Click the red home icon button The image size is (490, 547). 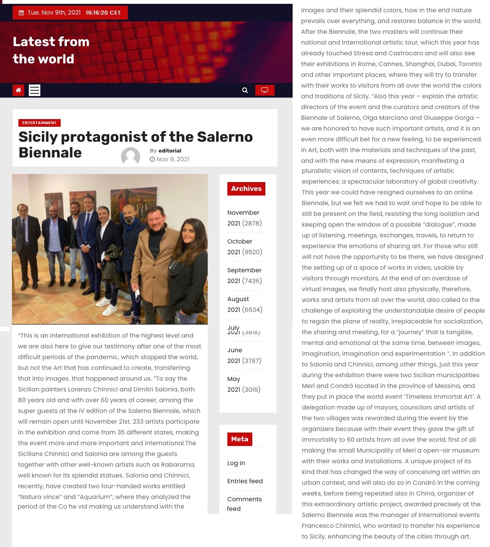pyautogui.click(x=18, y=90)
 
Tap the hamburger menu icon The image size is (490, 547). pyautogui.click(x=35, y=90)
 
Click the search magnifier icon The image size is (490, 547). pyautogui.click(x=245, y=90)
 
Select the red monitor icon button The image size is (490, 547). pyautogui.click(x=265, y=90)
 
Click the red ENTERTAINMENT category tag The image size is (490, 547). pyautogui.click(x=39, y=123)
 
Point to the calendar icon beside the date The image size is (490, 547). pyautogui.click(x=22, y=13)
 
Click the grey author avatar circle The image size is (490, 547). pyautogui.click(x=131, y=157)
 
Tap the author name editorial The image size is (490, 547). pyautogui.click(x=170, y=151)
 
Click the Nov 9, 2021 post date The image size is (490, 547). pyautogui.click(x=173, y=159)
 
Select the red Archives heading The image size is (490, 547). pyautogui.click(x=246, y=189)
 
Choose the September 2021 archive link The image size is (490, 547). pyautogui.click(x=244, y=275)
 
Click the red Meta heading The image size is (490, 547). pyautogui.click(x=240, y=439)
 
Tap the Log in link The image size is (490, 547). pyautogui.click(x=236, y=463)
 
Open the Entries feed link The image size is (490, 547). pyautogui.click(x=245, y=481)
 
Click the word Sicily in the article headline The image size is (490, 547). pyautogui.click(x=38, y=137)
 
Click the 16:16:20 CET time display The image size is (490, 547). pyautogui.click(x=103, y=13)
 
